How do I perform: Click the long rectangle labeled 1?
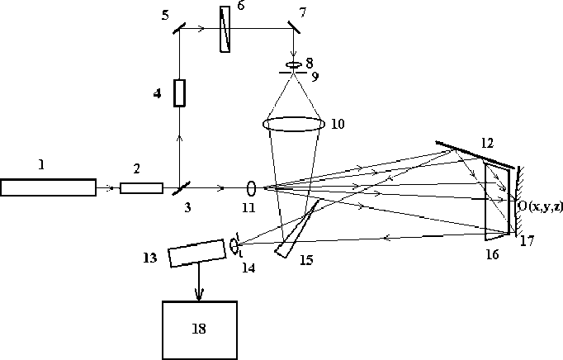point(48,187)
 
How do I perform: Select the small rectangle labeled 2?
point(141,187)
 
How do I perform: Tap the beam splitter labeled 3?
point(179,188)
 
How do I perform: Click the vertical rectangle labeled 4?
point(179,92)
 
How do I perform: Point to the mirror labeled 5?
point(179,27)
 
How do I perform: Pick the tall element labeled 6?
point(225,29)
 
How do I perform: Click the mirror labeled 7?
point(294,27)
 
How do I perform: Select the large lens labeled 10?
point(292,124)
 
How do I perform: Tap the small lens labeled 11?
point(251,187)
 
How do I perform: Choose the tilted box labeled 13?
point(196,253)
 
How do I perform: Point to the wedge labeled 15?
point(293,231)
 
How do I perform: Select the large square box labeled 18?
point(198,329)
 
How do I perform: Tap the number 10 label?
point(337,124)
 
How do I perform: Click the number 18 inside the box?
point(198,329)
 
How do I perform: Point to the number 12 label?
point(487,142)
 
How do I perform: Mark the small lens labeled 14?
point(237,245)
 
